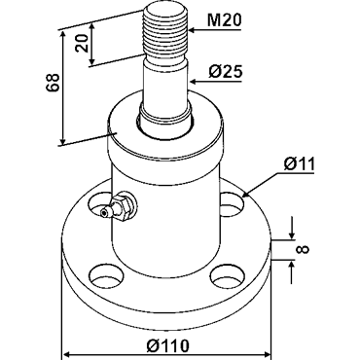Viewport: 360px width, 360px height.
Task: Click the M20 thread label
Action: (x=225, y=20)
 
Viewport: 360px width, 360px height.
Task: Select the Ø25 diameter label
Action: (x=226, y=72)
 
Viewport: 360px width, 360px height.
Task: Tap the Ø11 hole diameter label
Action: (x=299, y=164)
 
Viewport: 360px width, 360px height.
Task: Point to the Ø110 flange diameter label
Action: (x=167, y=345)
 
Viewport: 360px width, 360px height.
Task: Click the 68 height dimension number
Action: (x=54, y=83)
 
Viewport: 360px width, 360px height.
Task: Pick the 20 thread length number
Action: (x=82, y=43)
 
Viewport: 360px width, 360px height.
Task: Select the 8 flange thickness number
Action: (x=304, y=249)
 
